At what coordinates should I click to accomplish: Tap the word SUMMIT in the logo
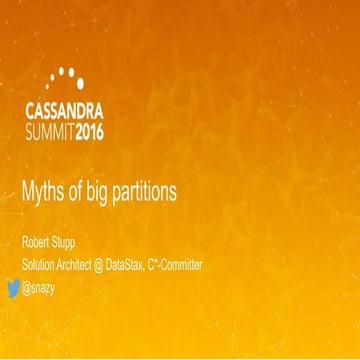click(61, 130)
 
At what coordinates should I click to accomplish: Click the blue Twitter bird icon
click(14, 288)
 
